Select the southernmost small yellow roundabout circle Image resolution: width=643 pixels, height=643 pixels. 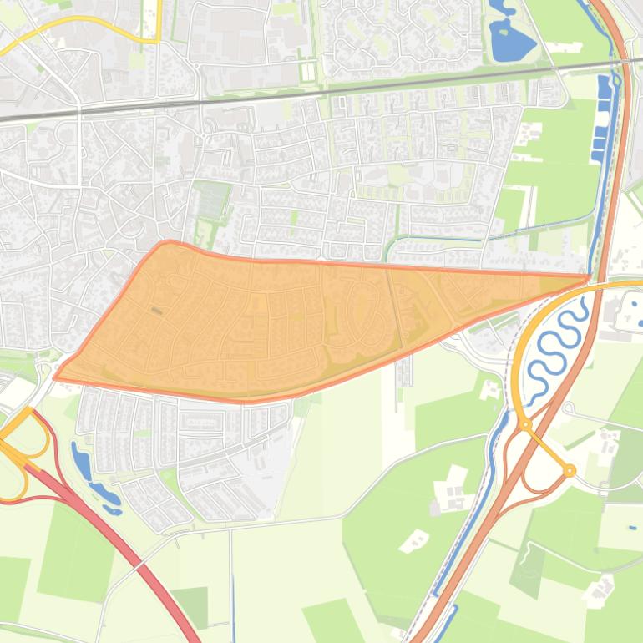570,471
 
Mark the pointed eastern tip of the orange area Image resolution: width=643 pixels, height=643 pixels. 588,276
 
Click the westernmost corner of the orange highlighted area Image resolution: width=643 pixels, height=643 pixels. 56,377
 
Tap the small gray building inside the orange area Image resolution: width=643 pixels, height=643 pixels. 156,311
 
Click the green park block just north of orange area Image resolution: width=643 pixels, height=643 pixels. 212,200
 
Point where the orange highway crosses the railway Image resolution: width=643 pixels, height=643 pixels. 625,61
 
